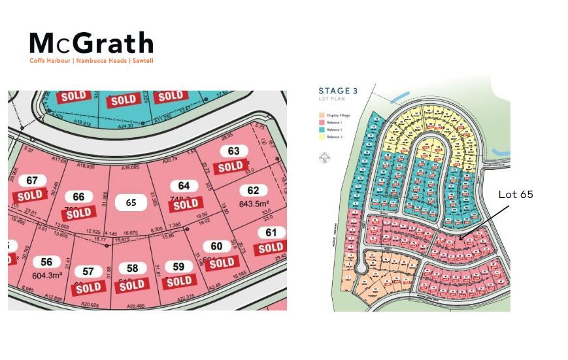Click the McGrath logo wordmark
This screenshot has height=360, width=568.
[91, 44]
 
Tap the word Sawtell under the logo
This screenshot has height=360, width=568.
[142, 61]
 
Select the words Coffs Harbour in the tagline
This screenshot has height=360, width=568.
[50, 61]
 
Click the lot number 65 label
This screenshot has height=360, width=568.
[131, 203]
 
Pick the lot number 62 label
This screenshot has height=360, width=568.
[253, 191]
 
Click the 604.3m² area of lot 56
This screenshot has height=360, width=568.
[46, 276]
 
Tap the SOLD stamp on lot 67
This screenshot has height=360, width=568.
[29, 195]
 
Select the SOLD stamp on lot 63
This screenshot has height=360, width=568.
[231, 167]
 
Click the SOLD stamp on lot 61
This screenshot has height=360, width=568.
[271, 248]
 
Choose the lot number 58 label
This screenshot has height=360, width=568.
[132, 268]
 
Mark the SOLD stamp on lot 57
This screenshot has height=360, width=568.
[89, 287]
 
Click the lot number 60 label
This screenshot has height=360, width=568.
[216, 246]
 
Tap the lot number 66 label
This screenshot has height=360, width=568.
[78, 197]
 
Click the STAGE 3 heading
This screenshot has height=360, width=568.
[337, 91]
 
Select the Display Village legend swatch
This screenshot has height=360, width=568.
[321, 116]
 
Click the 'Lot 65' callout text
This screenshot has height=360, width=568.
[516, 194]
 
